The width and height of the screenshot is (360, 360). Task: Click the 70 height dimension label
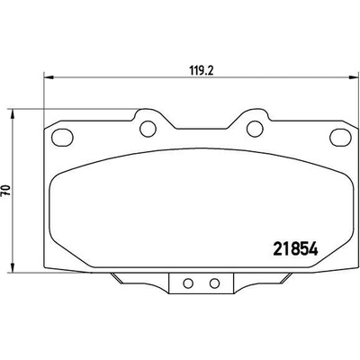[x=6, y=191]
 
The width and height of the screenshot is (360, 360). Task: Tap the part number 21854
[x=295, y=248]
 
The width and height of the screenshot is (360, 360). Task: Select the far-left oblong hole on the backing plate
[x=62, y=138]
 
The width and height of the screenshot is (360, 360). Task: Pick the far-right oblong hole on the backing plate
[x=340, y=138]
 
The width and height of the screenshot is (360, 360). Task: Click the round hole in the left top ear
[x=148, y=129]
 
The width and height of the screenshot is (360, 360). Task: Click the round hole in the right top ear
[x=255, y=129]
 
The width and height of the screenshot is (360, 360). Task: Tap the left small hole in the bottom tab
[x=188, y=283]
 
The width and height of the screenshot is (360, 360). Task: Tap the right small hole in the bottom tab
[x=214, y=283]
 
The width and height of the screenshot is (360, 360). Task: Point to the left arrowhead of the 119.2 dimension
[x=49, y=77]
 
